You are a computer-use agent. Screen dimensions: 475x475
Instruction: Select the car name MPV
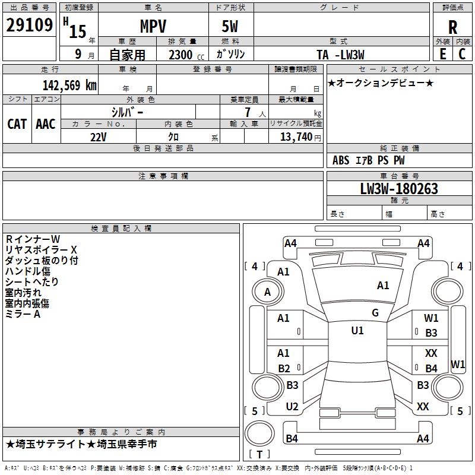[x=153, y=26]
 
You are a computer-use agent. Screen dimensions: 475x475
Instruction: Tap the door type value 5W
[x=230, y=26]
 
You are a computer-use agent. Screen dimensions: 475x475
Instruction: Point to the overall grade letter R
[x=452, y=27]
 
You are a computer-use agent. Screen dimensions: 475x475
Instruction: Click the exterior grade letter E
[x=442, y=53]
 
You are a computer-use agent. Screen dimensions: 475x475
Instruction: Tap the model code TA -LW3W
[x=340, y=55]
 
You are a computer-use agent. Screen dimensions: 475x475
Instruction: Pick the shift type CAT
[x=17, y=124]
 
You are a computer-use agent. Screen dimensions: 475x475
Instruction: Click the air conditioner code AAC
[x=46, y=124]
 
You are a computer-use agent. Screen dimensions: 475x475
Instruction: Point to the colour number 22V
[x=98, y=137]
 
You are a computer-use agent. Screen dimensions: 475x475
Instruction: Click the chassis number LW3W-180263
[x=399, y=189]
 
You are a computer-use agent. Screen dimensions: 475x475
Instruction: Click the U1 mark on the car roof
[x=357, y=331]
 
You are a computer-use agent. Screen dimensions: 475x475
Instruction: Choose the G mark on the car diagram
[x=375, y=313]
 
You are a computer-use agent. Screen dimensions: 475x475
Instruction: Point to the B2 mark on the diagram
[x=284, y=368]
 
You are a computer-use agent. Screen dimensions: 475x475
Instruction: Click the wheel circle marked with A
[x=267, y=292]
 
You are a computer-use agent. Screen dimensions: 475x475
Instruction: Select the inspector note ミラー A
[x=23, y=314]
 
